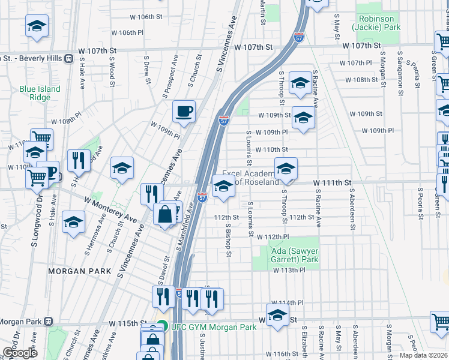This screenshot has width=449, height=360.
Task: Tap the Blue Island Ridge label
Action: click(40, 93)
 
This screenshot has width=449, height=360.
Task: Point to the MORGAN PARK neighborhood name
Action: click(80, 271)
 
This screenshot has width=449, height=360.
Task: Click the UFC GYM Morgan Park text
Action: click(214, 327)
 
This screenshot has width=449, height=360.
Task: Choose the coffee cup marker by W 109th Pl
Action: click(184, 111)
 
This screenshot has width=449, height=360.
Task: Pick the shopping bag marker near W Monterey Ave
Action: click(164, 214)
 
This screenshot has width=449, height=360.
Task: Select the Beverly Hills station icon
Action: click(69, 59)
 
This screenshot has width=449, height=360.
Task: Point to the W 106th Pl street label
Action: click(131, 32)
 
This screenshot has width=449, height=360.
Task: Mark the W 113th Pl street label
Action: click(289, 271)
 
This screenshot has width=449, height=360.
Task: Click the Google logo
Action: click(20, 353)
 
